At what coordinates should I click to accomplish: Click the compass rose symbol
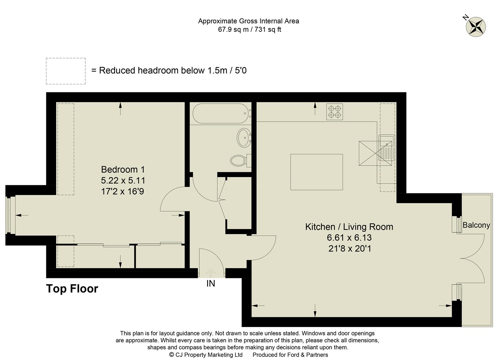476,26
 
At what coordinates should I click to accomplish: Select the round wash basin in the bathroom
244,138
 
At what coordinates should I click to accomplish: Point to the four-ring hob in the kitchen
334,112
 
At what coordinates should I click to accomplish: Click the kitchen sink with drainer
387,148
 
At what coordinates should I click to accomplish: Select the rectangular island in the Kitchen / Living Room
316,172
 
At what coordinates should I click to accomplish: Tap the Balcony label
476,225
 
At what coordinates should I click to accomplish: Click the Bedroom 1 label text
123,169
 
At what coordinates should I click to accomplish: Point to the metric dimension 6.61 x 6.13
349,238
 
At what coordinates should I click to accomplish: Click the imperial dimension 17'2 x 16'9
123,191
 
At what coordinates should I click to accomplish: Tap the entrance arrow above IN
211,273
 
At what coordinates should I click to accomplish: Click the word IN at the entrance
211,283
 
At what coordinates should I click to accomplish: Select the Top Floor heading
72,289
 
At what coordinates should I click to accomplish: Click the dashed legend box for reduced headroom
66,71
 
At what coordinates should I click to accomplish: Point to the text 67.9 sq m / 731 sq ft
249,29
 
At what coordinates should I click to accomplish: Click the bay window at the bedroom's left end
11,215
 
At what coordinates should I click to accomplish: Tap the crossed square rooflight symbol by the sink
373,153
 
